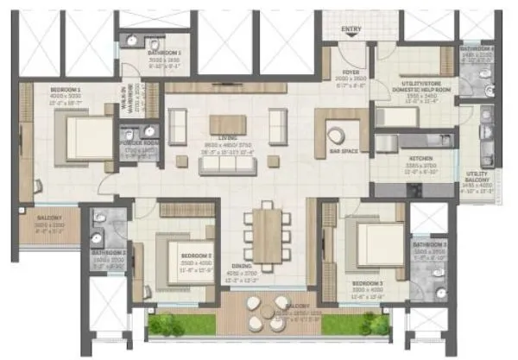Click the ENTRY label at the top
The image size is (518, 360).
(x=351, y=29)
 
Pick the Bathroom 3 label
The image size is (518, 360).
(x=428, y=245)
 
